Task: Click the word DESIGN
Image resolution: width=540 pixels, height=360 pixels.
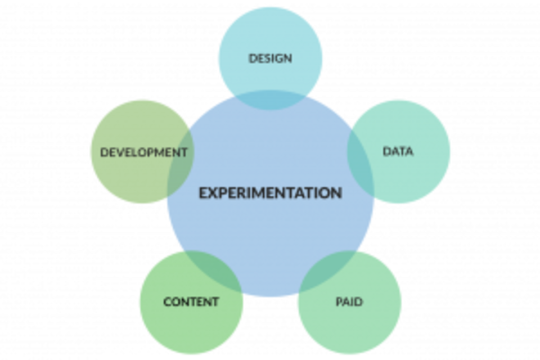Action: (x=271, y=58)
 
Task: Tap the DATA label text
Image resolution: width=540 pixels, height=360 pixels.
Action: (x=398, y=151)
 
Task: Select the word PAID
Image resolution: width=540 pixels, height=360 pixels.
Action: (x=349, y=302)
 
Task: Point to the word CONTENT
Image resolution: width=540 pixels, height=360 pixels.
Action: (x=191, y=302)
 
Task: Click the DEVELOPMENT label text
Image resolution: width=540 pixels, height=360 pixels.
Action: (x=143, y=152)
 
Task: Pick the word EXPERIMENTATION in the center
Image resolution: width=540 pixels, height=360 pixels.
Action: (x=271, y=193)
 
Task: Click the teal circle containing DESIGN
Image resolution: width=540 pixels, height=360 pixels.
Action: (x=271, y=39)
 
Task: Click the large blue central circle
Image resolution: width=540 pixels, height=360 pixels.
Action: (x=271, y=236)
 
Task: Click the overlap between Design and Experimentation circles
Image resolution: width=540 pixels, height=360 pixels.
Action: (x=271, y=100)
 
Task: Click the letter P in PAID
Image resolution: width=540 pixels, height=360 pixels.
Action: (x=339, y=302)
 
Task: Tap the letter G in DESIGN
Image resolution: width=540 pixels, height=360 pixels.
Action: (x=283, y=58)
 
